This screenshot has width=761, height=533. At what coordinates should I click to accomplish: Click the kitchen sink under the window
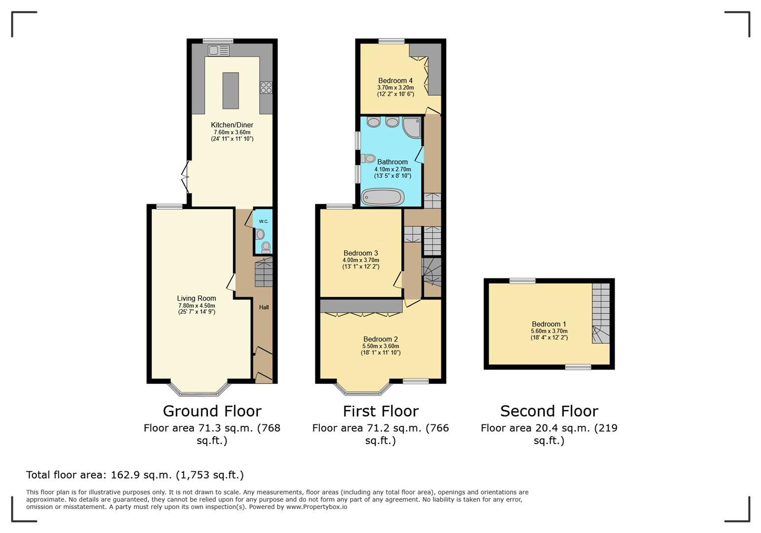click(x=219, y=51)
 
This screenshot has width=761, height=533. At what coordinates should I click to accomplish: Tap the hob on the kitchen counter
click(x=266, y=87)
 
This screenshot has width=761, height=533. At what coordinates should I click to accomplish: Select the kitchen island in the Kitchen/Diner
click(x=231, y=90)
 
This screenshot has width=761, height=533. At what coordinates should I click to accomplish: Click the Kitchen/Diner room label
click(x=232, y=125)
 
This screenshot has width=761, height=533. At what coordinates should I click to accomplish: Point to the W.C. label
click(x=264, y=222)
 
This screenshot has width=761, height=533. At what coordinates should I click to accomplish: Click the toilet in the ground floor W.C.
click(x=266, y=247)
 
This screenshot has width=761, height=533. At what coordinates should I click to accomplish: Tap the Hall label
click(x=264, y=307)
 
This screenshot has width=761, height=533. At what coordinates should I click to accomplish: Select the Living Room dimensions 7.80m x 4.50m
click(x=197, y=305)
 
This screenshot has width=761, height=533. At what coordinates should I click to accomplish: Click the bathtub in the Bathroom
click(x=382, y=197)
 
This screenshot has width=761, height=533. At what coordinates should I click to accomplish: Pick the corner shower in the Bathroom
click(x=412, y=127)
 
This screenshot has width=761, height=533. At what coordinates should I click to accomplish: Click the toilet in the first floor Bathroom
click(x=368, y=158)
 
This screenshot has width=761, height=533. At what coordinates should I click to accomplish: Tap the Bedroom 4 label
click(x=395, y=80)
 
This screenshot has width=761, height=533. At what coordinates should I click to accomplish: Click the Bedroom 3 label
click(x=361, y=253)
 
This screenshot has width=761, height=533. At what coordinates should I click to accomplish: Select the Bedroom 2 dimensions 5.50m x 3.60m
click(x=380, y=346)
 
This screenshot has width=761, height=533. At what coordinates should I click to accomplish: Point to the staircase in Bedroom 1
click(x=601, y=313)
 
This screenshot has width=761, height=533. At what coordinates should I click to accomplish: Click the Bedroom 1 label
click(x=549, y=324)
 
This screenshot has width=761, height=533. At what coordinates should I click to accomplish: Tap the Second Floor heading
click(x=550, y=411)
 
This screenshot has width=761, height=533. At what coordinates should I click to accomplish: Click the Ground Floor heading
click(x=212, y=411)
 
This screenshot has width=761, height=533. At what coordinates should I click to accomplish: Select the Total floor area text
click(x=135, y=475)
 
